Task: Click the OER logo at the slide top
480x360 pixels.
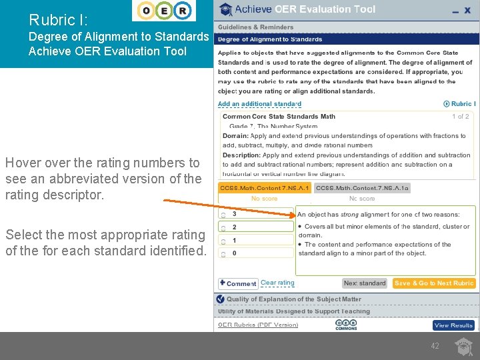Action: pyautogui.click(x=164, y=11)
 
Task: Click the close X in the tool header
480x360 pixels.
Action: pyautogui.click(x=467, y=11)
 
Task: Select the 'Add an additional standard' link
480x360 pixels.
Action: pyautogui.click(x=259, y=104)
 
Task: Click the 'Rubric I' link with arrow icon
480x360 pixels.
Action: pyautogui.click(x=459, y=104)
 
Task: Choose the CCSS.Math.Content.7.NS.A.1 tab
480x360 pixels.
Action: pyautogui.click(x=265, y=189)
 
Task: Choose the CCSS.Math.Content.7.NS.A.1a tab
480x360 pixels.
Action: pyautogui.click(x=362, y=189)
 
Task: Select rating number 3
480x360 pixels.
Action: pyautogui.click(x=234, y=215)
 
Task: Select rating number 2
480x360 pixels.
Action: pyautogui.click(x=234, y=227)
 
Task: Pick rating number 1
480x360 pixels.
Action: pyautogui.click(x=234, y=240)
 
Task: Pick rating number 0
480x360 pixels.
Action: pyautogui.click(x=234, y=253)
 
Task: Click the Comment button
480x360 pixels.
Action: pyautogui.click(x=238, y=283)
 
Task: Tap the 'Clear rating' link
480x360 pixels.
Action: pyautogui.click(x=277, y=283)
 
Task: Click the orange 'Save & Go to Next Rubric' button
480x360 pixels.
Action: pyautogui.click(x=434, y=283)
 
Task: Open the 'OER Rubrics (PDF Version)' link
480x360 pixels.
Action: pyautogui.click(x=258, y=325)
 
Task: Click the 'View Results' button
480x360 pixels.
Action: pyautogui.click(x=453, y=325)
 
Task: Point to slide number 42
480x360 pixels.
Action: pyautogui.click(x=435, y=346)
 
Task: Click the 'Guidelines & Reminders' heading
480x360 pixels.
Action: pyautogui.click(x=255, y=27)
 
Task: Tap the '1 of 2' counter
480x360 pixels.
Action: pyautogui.click(x=461, y=117)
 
